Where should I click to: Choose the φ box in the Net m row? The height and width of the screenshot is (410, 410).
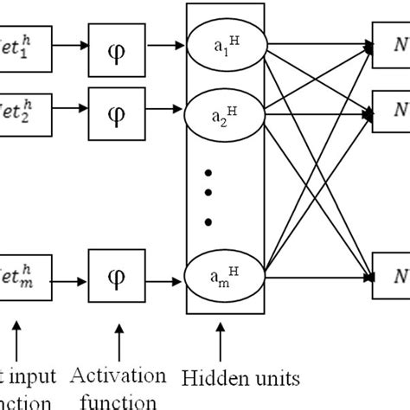(131, 278)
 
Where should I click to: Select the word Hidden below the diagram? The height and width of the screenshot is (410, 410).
(209, 377)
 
